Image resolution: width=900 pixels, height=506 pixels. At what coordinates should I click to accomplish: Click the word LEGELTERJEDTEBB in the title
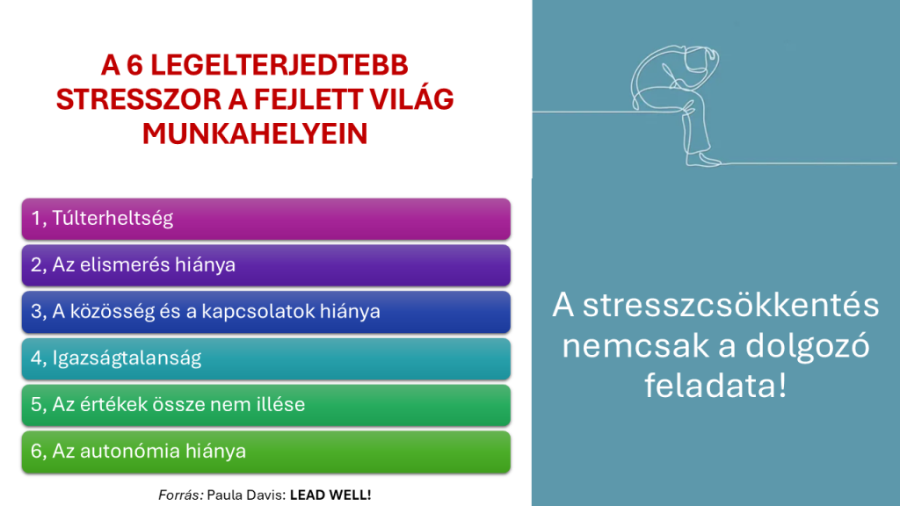(x=279, y=65)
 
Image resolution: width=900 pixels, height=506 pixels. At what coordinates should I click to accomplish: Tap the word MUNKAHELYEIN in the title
(x=255, y=134)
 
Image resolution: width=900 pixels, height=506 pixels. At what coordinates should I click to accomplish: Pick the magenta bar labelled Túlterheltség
(x=265, y=219)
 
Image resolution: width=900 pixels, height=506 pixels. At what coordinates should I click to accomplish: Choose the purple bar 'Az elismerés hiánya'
(x=265, y=265)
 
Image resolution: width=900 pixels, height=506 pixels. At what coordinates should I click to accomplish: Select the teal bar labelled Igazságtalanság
(x=265, y=358)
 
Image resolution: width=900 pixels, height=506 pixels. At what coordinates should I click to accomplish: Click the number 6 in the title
(x=134, y=65)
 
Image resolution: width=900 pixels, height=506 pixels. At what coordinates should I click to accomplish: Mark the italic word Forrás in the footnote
(x=181, y=495)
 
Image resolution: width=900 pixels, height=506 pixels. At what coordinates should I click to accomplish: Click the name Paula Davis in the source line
(x=246, y=495)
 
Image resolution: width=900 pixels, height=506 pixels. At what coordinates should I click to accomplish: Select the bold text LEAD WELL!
(x=330, y=495)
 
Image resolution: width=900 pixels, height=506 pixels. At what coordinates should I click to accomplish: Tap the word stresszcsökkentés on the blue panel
(x=730, y=305)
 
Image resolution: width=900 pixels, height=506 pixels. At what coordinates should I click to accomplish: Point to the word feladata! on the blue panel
(x=715, y=385)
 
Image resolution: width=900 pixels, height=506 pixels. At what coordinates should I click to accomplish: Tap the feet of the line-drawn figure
(x=704, y=159)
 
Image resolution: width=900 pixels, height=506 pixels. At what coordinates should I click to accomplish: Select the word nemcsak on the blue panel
(x=635, y=346)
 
